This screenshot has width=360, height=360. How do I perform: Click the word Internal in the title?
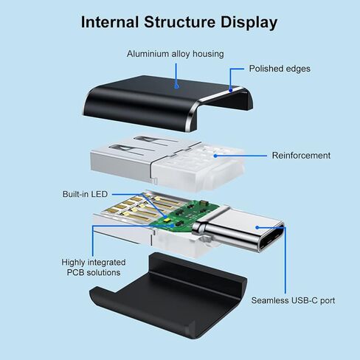coord(110,22)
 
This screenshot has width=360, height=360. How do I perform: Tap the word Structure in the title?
coord(179,22)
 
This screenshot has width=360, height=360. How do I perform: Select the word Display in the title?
coord(249,23)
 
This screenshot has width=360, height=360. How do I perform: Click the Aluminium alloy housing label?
coord(176,54)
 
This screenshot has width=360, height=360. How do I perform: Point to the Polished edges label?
coord(280,69)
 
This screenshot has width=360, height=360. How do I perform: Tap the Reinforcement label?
coord(301,156)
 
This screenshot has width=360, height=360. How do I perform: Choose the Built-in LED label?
coord(85,194)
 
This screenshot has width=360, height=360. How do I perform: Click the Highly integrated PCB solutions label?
coord(94,268)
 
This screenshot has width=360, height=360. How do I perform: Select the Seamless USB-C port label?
coord(293,300)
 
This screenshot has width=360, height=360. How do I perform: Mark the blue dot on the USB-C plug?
coord(257,227)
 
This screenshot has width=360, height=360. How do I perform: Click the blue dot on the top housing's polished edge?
coord(231,90)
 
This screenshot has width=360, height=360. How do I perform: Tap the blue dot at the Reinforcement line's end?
coord(215,156)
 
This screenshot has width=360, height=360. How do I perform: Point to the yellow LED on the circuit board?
coord(167,218)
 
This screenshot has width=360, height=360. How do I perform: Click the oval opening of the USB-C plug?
coord(271,238)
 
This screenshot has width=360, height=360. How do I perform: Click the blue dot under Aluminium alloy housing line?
coord(176,86)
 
